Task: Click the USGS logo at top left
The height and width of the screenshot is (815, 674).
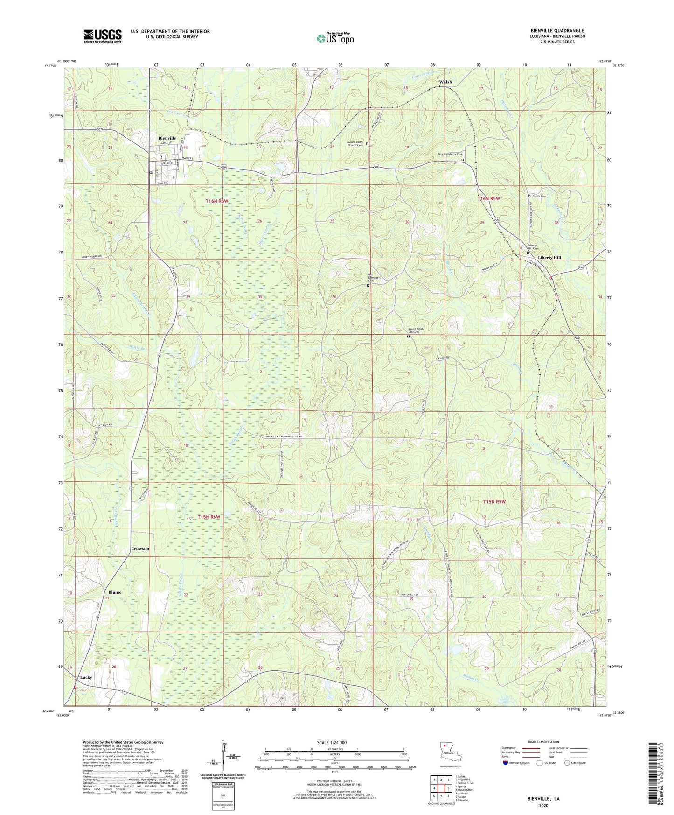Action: pos(103,36)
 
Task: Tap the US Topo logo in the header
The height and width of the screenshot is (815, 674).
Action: pos(335,38)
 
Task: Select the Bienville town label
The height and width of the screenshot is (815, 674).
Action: pos(167,138)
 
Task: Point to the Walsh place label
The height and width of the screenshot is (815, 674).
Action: pos(445,82)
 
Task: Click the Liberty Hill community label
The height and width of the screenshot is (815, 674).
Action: pos(549,258)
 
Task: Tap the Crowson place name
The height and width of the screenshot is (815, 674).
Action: pos(140,549)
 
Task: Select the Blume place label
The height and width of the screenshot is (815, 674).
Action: pos(115,592)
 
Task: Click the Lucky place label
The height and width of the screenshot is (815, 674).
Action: pos(86,677)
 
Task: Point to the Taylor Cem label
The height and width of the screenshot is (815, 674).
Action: pos(539,197)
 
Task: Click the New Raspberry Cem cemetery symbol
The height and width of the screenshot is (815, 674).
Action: pos(463,160)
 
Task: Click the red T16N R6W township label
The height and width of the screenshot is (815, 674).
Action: pos(217,201)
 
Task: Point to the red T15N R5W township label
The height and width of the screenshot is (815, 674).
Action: pos(494,502)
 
